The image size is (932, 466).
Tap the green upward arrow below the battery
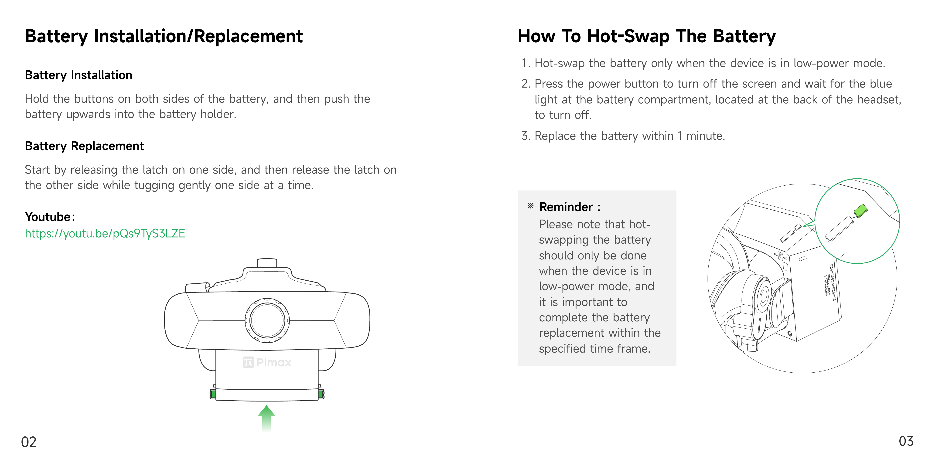pos(267,418)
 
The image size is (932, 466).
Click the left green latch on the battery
pos(213,394)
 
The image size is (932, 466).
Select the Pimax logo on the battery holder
pos(267,362)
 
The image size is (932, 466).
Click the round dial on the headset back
pos(267,320)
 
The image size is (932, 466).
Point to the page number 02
pos(29,442)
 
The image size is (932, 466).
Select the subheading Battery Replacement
pos(84,146)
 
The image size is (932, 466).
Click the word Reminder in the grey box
pos(566,207)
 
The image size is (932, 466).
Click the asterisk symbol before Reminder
pos(530,206)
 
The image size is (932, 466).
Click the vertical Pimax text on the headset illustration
pos(827,285)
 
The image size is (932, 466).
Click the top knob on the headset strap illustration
pos(267,263)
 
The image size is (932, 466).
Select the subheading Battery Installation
pos(79,75)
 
